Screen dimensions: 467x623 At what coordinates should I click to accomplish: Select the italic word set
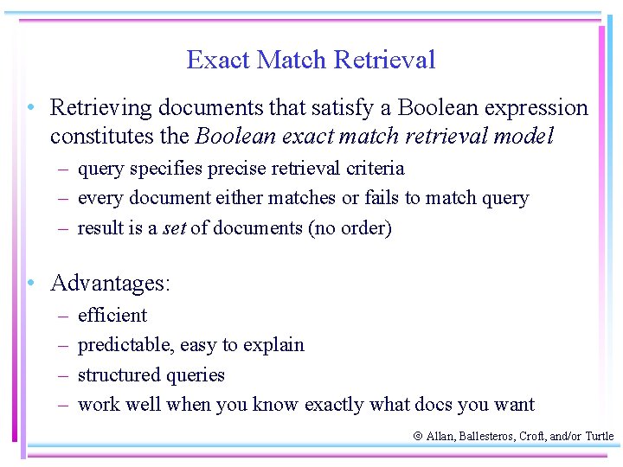tap(175, 228)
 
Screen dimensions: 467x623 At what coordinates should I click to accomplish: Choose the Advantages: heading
tap(111, 283)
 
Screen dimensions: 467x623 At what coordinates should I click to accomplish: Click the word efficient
tap(112, 315)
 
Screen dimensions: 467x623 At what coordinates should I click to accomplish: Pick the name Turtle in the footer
tap(599, 437)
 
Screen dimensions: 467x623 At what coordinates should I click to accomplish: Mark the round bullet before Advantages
tap(30, 283)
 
